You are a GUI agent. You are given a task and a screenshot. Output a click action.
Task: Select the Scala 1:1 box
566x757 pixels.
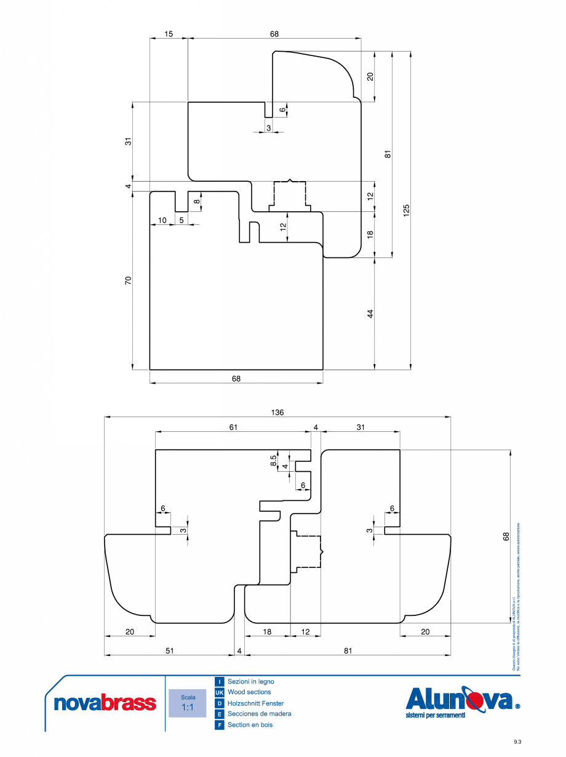pos(188,703)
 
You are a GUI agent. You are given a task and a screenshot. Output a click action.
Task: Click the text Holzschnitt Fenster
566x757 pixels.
pos(255,703)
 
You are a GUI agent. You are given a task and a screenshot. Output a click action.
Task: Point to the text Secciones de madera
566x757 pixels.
pos(259,714)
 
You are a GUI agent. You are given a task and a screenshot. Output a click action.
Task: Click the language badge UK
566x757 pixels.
pos(219,692)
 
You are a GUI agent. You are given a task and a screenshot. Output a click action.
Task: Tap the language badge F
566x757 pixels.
pos(219,725)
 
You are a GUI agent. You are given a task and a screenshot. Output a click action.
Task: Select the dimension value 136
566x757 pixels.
pos(277,413)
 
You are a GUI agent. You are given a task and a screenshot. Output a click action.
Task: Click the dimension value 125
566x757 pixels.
pos(407,210)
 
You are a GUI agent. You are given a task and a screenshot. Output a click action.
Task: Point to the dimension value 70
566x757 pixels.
pos(129,280)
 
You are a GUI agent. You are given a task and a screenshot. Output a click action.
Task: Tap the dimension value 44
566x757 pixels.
pos(370,314)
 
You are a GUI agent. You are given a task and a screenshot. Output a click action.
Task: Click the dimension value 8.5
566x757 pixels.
pos(274,461)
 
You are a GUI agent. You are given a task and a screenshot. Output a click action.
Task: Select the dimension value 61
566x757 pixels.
pos(233,427)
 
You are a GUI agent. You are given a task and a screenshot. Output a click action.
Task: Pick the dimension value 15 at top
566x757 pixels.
pos(169,34)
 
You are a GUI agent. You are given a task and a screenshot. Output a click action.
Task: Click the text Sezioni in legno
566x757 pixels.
pos(251,681)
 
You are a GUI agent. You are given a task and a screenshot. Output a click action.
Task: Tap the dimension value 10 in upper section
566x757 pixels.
pos(162,220)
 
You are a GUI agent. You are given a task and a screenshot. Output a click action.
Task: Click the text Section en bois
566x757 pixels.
pos(250,725)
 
